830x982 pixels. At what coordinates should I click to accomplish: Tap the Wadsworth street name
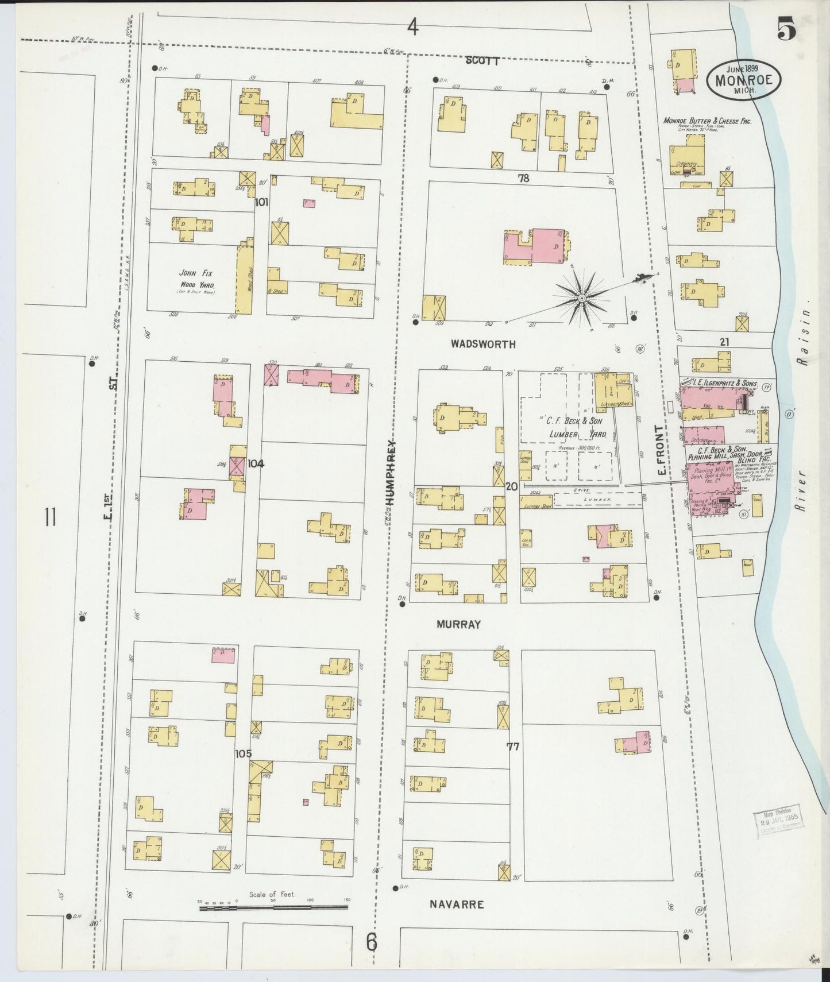coord(483,345)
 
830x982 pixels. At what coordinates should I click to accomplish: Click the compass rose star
coord(581,298)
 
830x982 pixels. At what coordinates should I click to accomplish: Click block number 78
coord(523,179)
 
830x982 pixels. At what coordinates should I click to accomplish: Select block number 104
coord(256,463)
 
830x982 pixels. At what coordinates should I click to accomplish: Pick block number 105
coord(244,753)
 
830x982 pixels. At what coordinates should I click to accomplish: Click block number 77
coord(513,747)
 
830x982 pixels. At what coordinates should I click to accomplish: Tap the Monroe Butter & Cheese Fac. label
coord(707,121)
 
